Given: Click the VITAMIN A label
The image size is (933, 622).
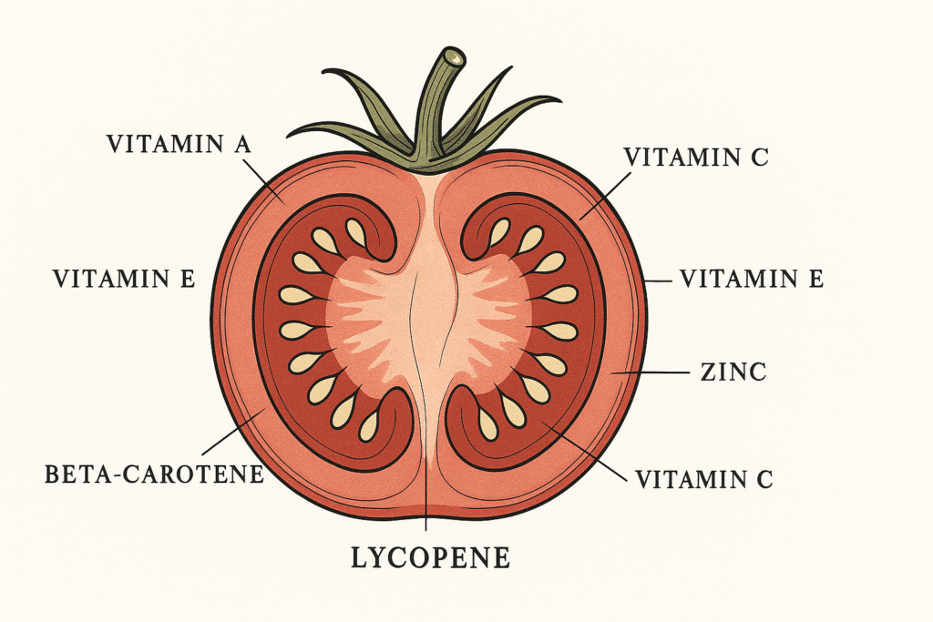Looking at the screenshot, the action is pyautogui.click(x=179, y=145).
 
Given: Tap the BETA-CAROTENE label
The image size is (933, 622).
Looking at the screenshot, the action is pyautogui.click(x=154, y=474).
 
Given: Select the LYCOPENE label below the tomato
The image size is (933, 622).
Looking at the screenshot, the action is pyautogui.click(x=430, y=557).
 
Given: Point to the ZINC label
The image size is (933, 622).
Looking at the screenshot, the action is pyautogui.click(x=733, y=372).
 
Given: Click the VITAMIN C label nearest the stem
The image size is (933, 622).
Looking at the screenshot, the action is pyautogui.click(x=695, y=157).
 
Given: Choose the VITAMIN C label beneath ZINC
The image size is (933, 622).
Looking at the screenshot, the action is pyautogui.click(x=703, y=479).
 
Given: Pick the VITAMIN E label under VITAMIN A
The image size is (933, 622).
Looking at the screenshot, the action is pyautogui.click(x=124, y=279).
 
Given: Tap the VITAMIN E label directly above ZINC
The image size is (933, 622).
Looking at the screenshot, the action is pyautogui.click(x=752, y=279).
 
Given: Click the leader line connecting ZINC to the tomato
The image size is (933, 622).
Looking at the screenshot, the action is pyautogui.click(x=650, y=372).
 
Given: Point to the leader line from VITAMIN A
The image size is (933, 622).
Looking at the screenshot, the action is pyautogui.click(x=264, y=181).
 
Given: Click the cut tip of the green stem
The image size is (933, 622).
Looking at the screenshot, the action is pyautogui.click(x=456, y=57).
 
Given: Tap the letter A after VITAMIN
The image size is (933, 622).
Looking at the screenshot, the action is pyautogui.click(x=241, y=145).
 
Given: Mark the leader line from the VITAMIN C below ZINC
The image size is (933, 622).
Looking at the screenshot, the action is pyautogui.click(x=584, y=452).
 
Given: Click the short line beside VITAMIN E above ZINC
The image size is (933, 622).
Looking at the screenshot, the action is pyautogui.click(x=658, y=280).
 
